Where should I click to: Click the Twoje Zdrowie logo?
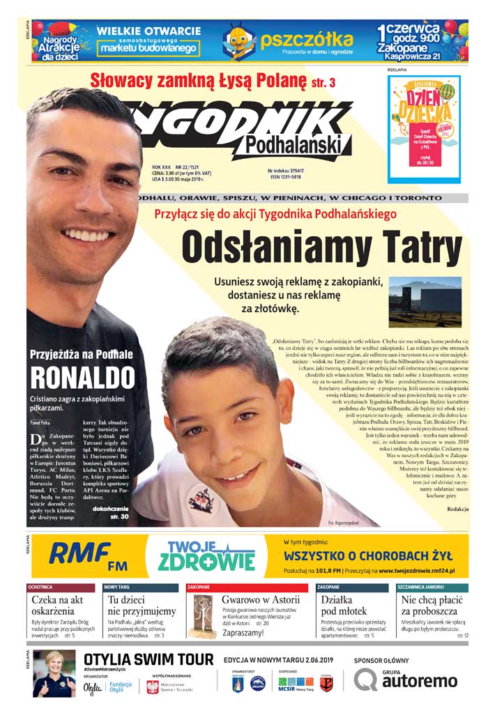206,555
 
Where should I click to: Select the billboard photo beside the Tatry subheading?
426,301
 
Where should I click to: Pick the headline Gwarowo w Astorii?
261,599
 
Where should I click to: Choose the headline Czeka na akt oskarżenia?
58,605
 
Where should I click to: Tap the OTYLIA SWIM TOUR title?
148,659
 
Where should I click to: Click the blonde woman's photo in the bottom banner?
54,673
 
